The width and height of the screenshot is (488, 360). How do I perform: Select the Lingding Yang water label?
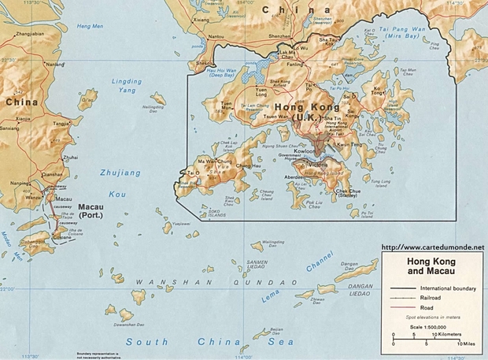pos(127,85)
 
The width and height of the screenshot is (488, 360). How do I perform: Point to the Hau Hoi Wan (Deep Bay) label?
pos(220,73)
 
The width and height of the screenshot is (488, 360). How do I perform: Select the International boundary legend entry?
pos(449,288)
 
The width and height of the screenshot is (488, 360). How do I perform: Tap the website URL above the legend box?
pos(432,247)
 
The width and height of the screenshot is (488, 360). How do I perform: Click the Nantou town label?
pos(214,36)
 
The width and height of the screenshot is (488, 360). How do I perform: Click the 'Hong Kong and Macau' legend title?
pos(431,265)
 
